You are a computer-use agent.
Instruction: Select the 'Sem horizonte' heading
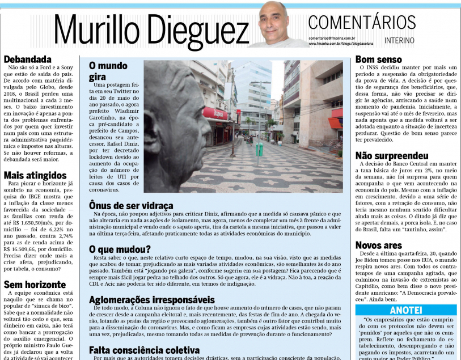(x=33, y=285)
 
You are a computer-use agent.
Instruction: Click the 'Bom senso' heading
(x=378, y=59)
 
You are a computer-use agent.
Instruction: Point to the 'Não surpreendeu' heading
(x=391, y=155)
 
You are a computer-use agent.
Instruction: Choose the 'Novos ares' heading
(x=379, y=245)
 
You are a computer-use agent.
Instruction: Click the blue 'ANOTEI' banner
(x=406, y=310)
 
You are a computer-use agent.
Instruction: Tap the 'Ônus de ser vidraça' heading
(x=131, y=205)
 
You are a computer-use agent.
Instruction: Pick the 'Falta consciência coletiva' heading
(x=144, y=350)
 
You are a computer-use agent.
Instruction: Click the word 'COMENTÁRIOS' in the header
(x=362, y=23)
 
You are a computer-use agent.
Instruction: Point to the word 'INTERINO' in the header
(x=399, y=41)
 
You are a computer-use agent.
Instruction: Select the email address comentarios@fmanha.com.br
(x=332, y=38)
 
